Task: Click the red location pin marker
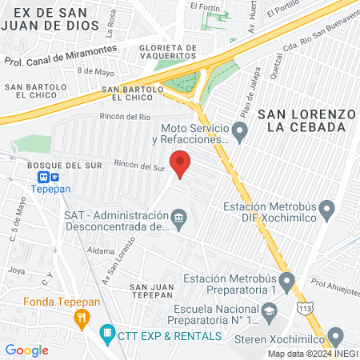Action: point(181,162)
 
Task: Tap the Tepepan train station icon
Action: point(47,178)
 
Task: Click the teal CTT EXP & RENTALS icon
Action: point(106,332)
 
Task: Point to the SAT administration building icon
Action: point(180,217)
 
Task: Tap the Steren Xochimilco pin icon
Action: point(336,336)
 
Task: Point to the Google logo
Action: point(26,350)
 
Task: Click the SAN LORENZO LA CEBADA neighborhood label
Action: point(306,120)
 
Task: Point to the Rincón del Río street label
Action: point(122,117)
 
